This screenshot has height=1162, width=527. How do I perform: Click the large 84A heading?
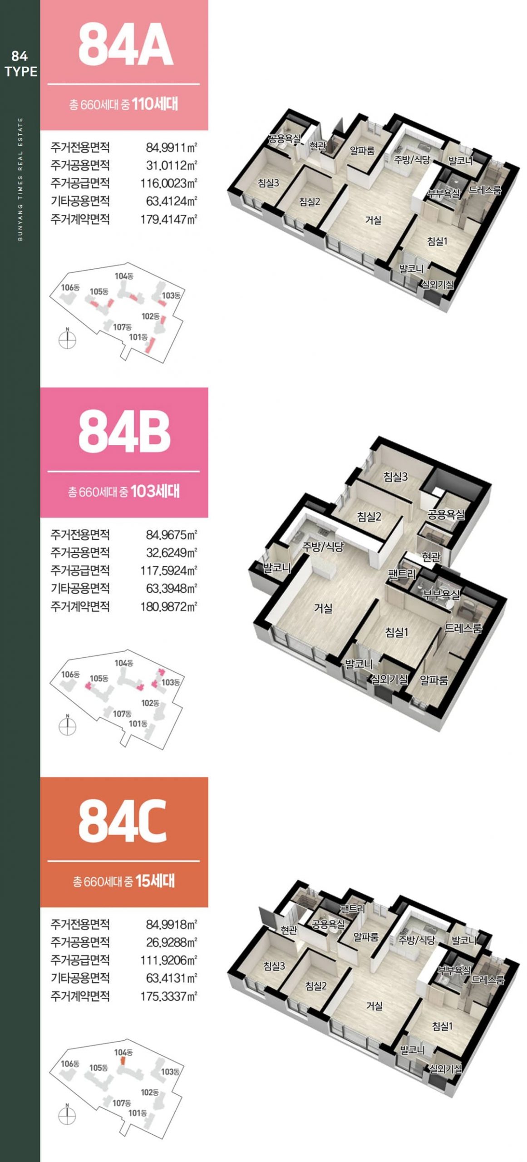click(125, 45)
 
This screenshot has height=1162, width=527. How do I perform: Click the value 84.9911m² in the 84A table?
click(171, 148)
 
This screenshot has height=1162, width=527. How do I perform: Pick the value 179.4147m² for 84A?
click(168, 219)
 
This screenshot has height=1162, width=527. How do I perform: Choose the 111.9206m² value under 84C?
click(168, 960)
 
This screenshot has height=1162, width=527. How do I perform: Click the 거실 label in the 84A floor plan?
click(373, 220)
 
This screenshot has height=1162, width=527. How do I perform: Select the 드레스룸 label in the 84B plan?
click(463, 628)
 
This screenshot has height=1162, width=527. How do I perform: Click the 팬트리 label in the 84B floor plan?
click(402, 574)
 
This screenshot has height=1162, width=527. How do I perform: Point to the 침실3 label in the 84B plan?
click(395, 477)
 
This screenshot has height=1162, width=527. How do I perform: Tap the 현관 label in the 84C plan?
click(289, 930)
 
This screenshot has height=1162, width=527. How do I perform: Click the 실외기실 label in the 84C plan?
click(446, 1069)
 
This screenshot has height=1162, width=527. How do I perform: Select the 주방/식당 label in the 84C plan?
click(417, 940)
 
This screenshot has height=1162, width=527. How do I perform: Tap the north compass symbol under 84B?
click(68, 725)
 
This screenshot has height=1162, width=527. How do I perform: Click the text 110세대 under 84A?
click(155, 104)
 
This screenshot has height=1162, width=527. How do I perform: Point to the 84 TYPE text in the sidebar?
click(20, 64)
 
